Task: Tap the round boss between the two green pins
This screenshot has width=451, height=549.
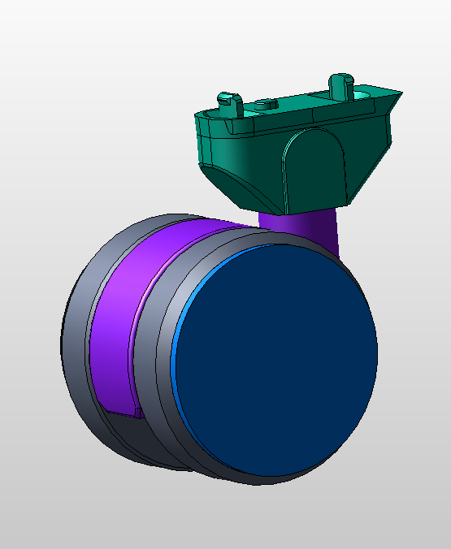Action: coord(265,104)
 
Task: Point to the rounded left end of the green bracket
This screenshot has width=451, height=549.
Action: coord(200,122)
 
